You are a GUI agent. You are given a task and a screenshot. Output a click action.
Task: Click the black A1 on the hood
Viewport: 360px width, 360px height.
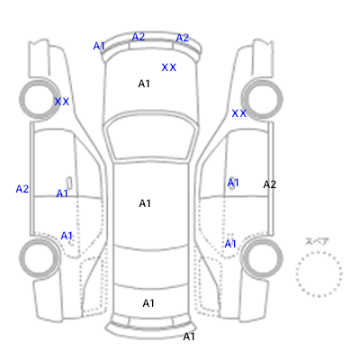pos(144,84)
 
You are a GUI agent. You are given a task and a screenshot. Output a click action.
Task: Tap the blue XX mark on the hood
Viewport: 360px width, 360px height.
pos(169,67)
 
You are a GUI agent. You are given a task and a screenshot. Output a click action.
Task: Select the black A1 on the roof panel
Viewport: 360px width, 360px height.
pos(145,203)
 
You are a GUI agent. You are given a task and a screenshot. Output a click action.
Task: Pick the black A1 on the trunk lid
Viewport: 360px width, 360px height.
pos(148,303)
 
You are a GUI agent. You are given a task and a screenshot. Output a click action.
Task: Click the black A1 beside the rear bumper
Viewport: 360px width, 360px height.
pos(189,337)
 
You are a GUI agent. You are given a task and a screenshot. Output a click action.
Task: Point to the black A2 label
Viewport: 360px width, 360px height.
pos(270,184)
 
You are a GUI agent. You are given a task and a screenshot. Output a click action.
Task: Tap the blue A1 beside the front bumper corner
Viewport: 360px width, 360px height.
pos(99,46)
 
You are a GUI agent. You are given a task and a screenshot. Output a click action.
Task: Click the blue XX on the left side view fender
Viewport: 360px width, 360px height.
pos(62,102)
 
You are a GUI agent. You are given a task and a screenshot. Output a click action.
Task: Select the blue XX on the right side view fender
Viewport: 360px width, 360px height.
pos(239,113)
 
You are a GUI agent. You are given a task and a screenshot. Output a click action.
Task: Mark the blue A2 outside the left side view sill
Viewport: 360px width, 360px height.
pos(22,189)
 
